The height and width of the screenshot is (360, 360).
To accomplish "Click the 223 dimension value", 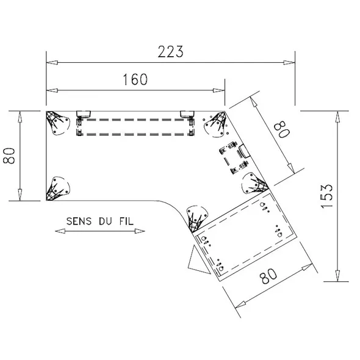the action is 170,51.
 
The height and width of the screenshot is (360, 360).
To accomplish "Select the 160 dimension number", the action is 135,79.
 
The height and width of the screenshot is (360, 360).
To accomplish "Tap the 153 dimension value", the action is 326,196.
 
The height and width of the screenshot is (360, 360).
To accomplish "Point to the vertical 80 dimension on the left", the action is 9,156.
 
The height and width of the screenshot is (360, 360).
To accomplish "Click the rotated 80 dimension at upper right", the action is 282,129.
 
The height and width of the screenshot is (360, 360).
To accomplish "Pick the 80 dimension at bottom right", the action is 268,276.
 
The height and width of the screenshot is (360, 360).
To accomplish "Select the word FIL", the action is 126,221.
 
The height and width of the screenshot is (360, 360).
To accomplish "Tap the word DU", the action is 106,221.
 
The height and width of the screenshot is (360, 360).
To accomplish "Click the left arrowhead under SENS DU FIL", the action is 60,231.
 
